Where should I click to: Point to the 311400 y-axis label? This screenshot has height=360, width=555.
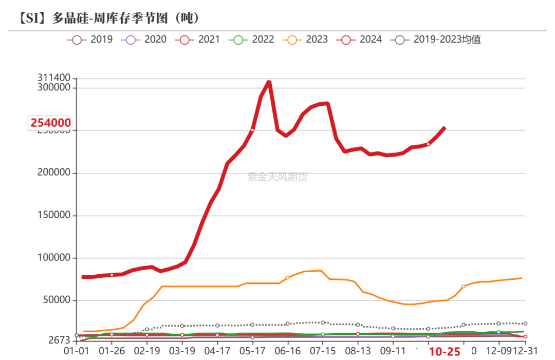click(53, 78)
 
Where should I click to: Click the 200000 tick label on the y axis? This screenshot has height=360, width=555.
click(53, 173)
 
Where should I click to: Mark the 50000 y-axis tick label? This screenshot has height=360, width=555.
click(56, 300)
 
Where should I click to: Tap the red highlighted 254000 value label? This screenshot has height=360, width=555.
click(50, 123)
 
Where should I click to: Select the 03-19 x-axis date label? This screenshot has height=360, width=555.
click(182, 352)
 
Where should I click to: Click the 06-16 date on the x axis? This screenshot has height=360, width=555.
click(287, 352)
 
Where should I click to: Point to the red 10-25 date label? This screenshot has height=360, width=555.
click(445, 352)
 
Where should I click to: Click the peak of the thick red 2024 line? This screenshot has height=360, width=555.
click(269, 82)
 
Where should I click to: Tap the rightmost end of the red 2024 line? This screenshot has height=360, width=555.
click(445, 128)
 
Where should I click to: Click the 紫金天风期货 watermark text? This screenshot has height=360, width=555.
click(277, 177)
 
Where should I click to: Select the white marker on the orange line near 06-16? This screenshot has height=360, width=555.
click(287, 278)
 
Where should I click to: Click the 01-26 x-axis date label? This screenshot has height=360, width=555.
click(112, 352)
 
